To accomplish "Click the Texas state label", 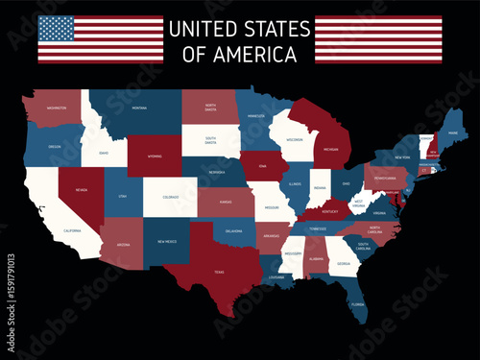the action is [x=219, y=272].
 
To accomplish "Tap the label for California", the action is [x=72, y=231].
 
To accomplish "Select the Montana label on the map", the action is [x=138, y=108].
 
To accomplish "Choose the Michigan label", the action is [x=330, y=149].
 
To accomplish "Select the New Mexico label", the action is [x=165, y=242].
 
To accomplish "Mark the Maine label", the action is [x=451, y=133].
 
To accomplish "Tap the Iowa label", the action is [x=262, y=165].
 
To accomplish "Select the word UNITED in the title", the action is [x=199, y=29].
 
